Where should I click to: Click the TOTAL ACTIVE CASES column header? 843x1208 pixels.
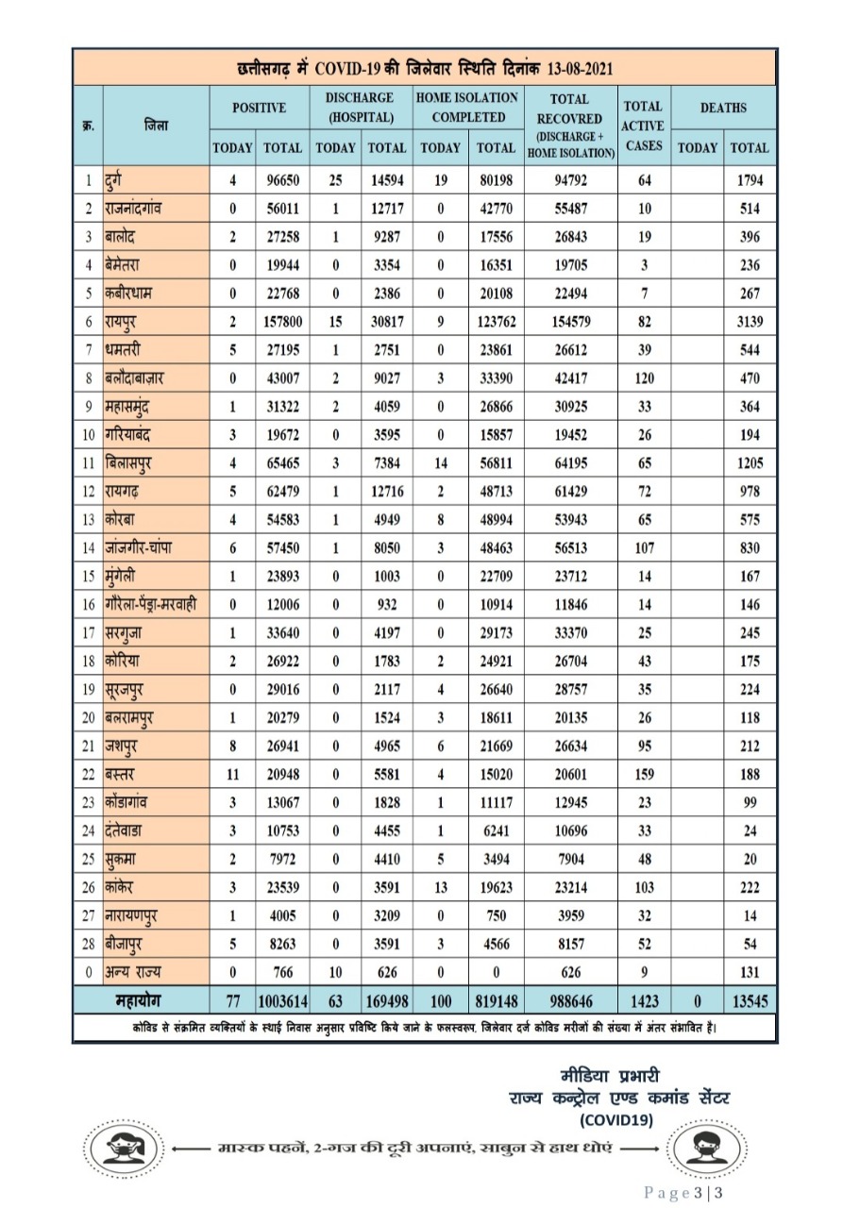pos(643,126)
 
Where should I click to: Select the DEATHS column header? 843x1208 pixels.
pos(723,108)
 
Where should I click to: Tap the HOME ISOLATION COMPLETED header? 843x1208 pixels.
pos(467,108)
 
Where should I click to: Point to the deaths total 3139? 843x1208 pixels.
pos(749,321)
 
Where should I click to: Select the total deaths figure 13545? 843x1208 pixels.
pos(748,999)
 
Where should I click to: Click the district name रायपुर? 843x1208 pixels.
pos(126,321)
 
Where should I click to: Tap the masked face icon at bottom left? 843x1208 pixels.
pos(121,1149)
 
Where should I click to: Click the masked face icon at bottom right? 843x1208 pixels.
pos(700,1149)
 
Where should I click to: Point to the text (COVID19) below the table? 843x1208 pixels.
pos(616,1119)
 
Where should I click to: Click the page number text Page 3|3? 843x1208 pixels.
pos(684,1193)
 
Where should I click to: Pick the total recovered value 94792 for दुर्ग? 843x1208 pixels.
pos(568,179)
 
